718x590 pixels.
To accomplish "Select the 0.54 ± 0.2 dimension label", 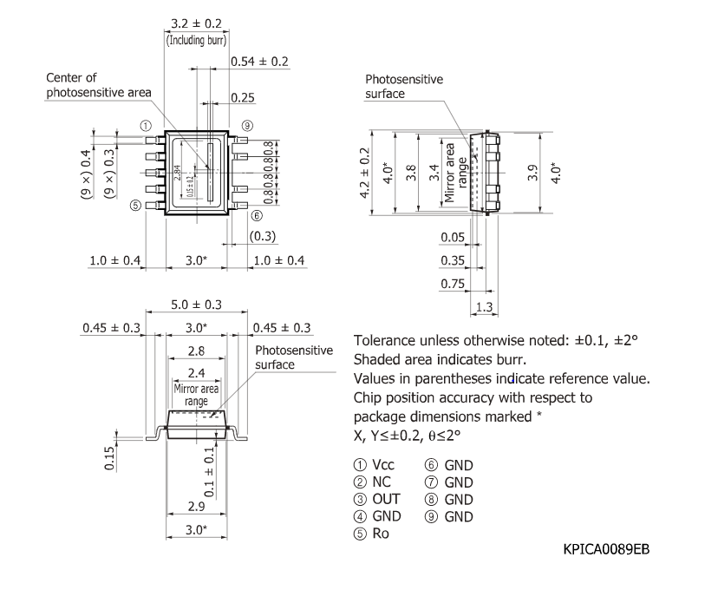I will [259, 62].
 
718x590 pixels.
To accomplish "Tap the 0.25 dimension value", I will [243, 97].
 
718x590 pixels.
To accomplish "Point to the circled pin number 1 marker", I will [146, 126].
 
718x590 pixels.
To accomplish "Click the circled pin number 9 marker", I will [247, 126].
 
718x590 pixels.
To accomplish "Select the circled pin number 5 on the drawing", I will [134, 206].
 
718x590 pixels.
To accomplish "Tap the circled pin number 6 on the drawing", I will [257, 216].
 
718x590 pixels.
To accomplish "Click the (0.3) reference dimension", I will [262, 236].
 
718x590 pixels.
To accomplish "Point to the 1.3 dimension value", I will [484, 306].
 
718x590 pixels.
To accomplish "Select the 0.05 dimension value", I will [451, 237].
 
